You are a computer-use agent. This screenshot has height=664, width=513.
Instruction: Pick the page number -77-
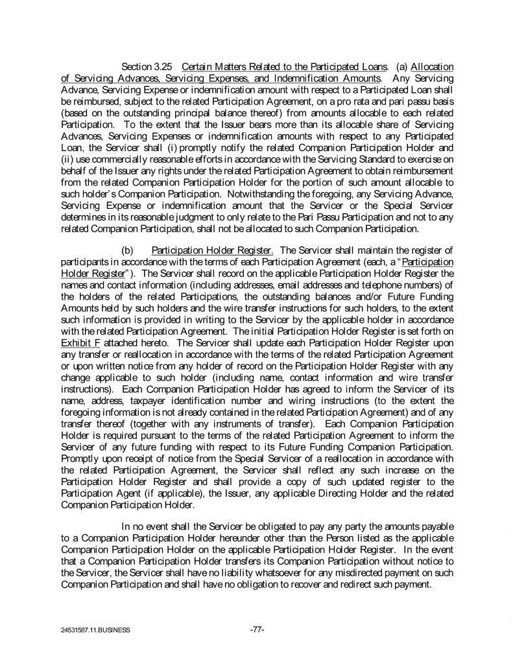coord(256,629)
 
